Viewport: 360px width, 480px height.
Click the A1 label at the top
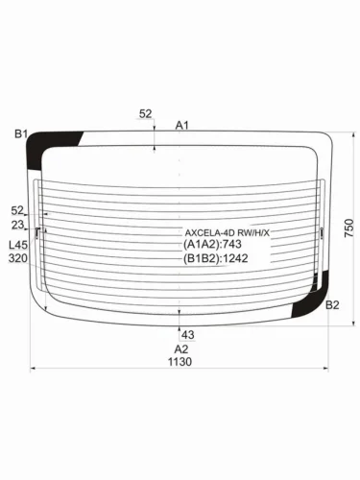[x=182, y=125]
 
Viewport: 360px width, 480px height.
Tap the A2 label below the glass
[x=180, y=348]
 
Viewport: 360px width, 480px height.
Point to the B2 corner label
[x=332, y=305]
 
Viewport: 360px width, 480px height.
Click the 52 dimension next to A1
[x=146, y=114]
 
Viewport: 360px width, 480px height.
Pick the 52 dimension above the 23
[x=17, y=209]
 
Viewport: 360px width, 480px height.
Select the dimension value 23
[x=17, y=226]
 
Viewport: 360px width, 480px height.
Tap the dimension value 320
[x=17, y=258]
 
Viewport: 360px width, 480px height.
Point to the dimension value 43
[x=188, y=334]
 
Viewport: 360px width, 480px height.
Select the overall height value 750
[x=349, y=228]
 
